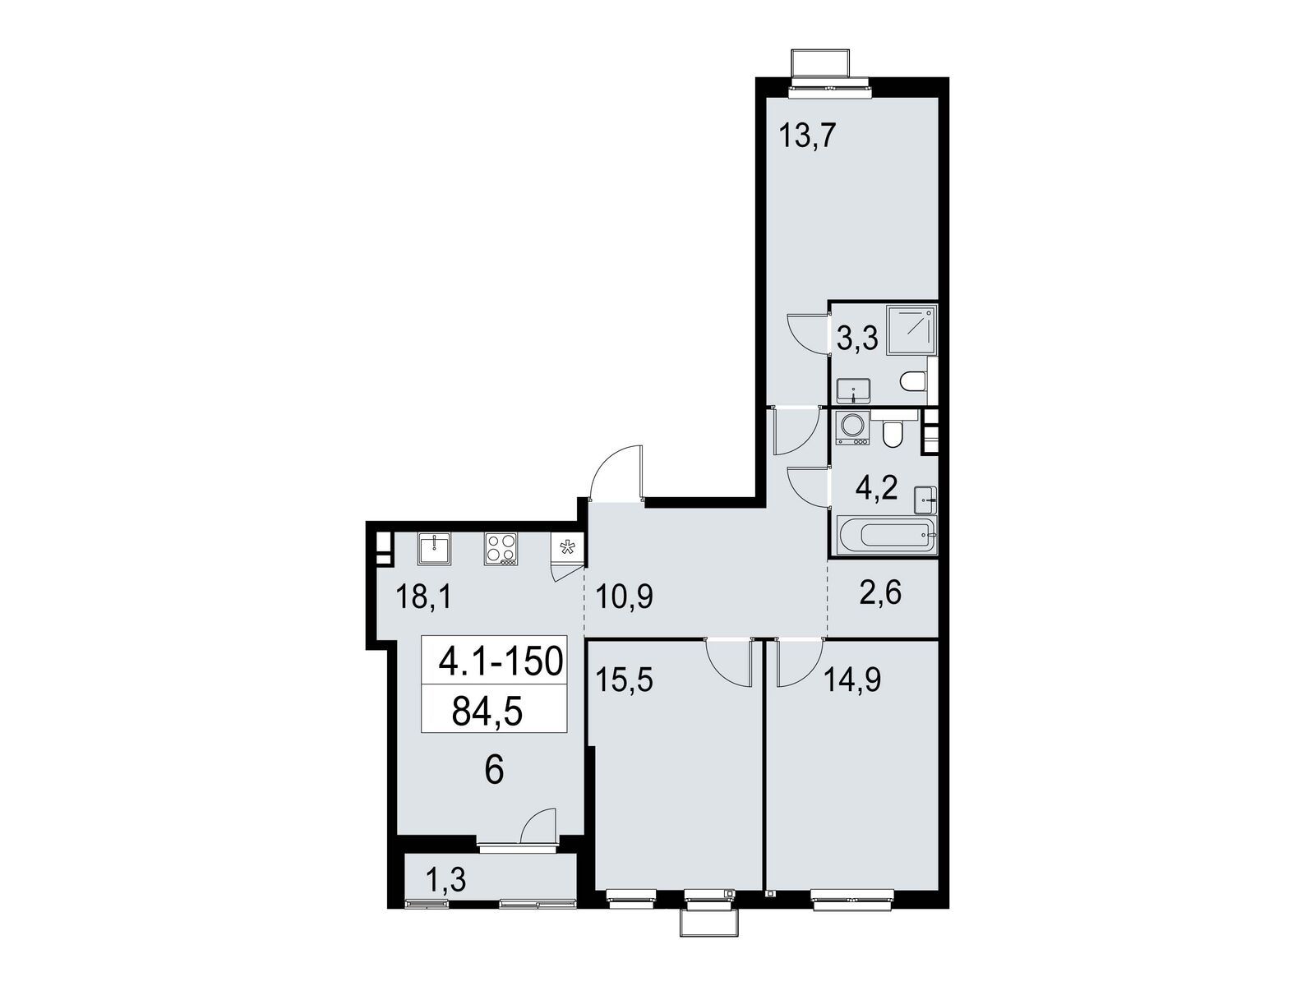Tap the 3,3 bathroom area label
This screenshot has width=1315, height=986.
coord(856,339)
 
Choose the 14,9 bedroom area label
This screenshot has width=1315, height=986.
coord(852,681)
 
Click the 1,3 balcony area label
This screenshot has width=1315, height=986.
coord(445,881)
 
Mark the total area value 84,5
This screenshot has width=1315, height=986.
coord(487,712)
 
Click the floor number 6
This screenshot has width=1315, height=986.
coord(494,771)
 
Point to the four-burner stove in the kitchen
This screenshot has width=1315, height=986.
coord(501,550)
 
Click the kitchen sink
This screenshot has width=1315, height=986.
coord(434,549)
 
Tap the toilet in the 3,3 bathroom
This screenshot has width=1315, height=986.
coord(914,380)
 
